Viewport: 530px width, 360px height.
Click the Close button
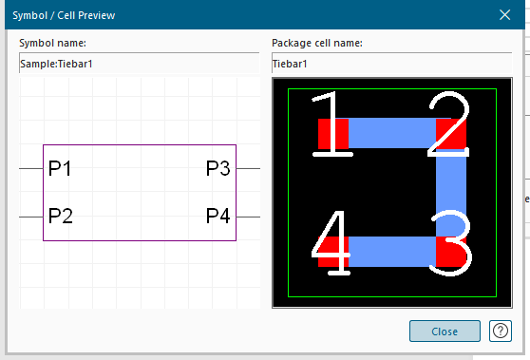445,331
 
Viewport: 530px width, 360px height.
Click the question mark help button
501,331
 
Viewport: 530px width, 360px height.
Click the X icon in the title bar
504,15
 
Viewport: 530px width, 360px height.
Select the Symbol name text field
140,64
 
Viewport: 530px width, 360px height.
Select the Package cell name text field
392,64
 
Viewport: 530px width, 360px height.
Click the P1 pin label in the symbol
60,168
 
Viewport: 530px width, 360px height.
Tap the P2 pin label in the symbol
61,216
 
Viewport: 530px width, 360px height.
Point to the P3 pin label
218,168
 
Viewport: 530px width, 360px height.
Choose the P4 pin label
218,216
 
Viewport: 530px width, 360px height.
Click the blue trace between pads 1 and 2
392,133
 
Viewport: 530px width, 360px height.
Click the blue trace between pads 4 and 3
392,252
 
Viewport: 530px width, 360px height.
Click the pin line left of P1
31,168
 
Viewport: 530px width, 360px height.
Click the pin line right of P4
248,217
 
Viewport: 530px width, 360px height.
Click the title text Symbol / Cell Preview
64,15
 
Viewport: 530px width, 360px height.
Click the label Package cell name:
317,44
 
